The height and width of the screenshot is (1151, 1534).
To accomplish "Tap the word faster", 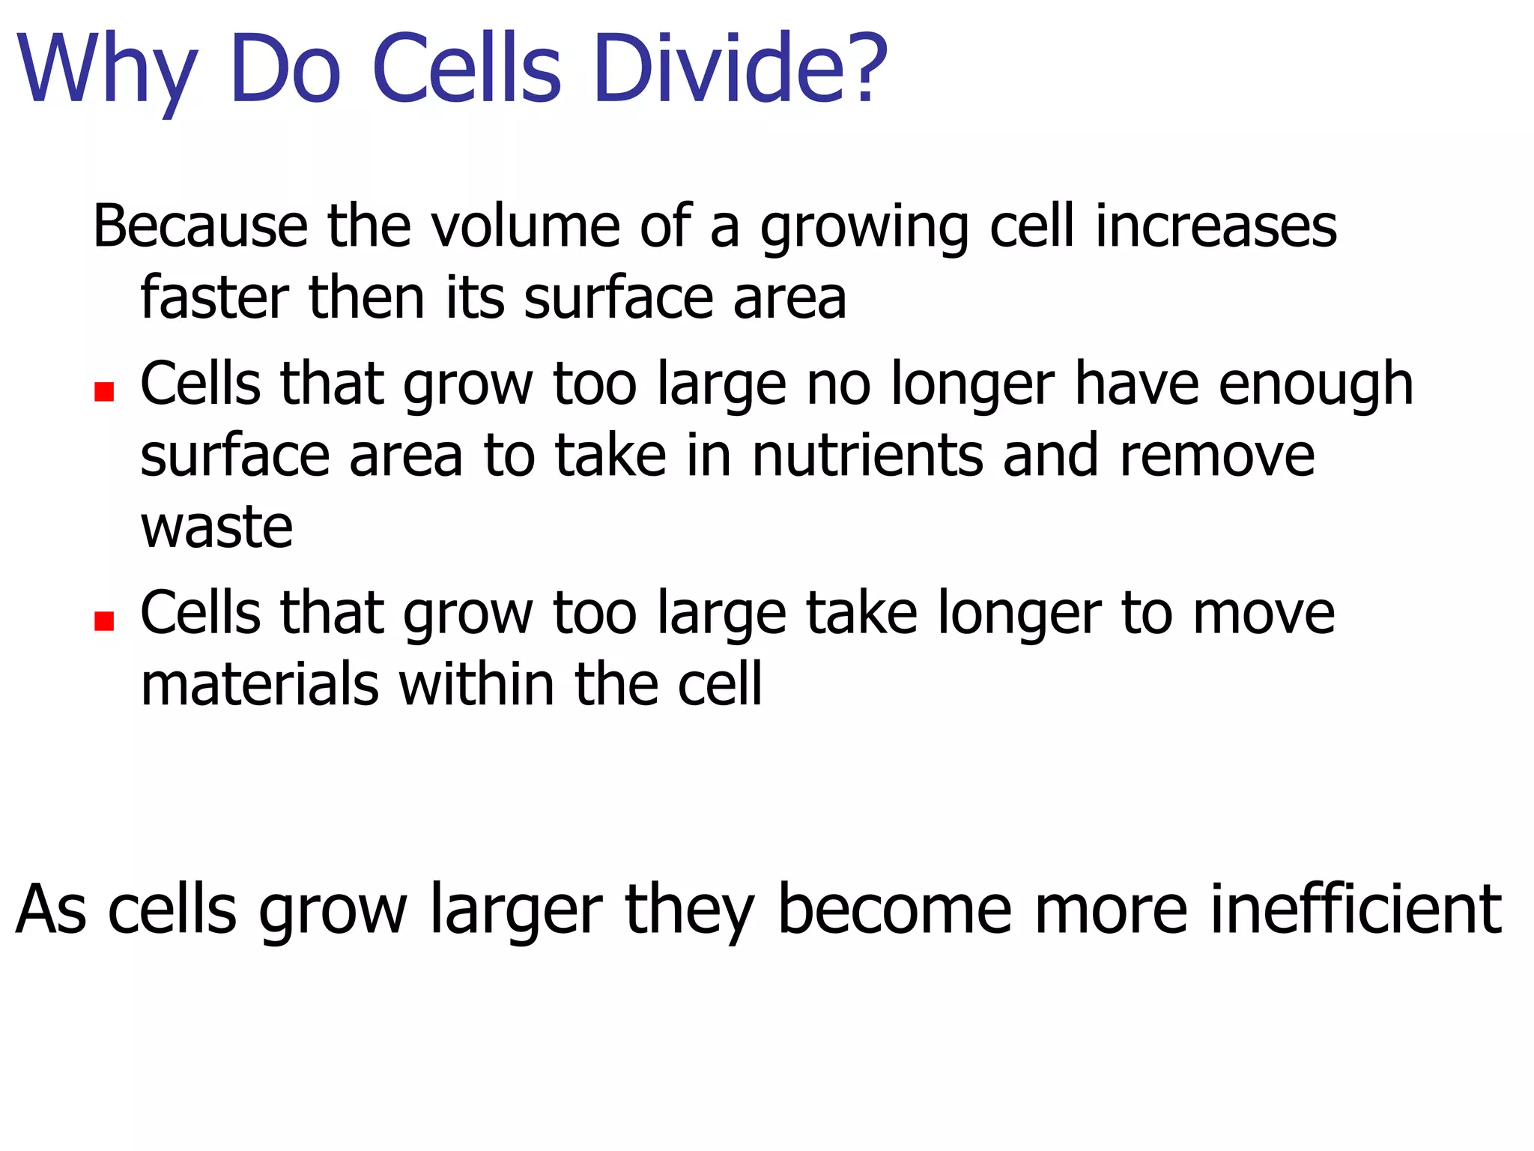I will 214,297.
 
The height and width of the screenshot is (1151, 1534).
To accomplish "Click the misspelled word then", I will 366,297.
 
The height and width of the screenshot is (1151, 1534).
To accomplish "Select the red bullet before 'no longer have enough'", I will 104,392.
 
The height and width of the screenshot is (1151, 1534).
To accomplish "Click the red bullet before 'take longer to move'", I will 104,621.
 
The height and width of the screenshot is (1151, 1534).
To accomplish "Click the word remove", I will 1217,456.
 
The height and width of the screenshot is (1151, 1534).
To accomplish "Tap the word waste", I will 216,527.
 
